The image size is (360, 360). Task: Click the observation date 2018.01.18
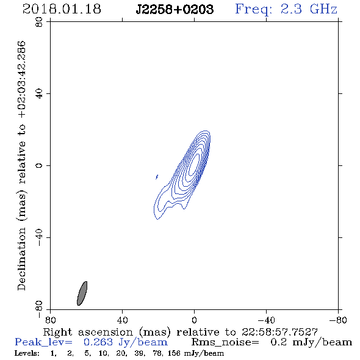point(62,9)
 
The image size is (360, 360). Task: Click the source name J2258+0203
point(175,9)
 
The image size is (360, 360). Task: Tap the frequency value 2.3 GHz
point(309,9)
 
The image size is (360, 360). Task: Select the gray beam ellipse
point(82,293)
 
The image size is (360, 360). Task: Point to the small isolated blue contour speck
point(157,176)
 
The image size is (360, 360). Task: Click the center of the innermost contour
point(194,165)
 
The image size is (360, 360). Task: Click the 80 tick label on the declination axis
point(39,22)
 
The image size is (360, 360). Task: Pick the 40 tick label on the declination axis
point(39,94)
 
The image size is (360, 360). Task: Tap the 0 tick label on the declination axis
point(39,165)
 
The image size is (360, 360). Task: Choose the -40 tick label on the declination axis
point(39,237)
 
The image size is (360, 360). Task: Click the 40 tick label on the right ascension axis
point(122,320)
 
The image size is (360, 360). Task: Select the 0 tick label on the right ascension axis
point(194,320)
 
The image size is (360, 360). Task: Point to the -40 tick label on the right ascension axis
point(266,320)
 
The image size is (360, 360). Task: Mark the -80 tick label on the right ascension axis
point(338,320)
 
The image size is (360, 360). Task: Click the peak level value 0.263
point(98,342)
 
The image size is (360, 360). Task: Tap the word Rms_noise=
point(225,342)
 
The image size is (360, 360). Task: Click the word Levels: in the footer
point(27,353)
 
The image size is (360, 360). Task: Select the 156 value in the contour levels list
point(174,353)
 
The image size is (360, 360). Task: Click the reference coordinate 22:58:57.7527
point(279,332)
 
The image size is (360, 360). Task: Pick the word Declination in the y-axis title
point(21,259)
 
